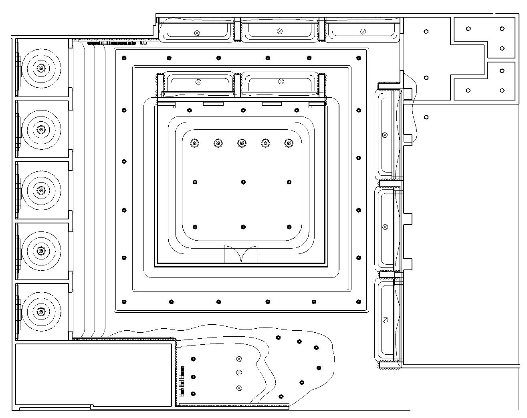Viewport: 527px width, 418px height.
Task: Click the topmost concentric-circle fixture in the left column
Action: (x=40, y=68)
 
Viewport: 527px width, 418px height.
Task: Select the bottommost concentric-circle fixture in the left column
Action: (x=40, y=311)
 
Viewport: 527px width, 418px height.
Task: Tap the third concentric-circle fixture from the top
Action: (x=40, y=190)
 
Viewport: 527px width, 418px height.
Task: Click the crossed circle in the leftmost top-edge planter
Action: (x=197, y=33)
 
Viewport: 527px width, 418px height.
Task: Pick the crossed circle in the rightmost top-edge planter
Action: (x=363, y=31)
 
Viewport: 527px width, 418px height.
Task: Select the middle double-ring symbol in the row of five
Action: (x=241, y=143)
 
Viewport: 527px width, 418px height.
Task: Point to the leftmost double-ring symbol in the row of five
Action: (x=195, y=143)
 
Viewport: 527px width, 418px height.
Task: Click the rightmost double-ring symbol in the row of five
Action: (x=288, y=143)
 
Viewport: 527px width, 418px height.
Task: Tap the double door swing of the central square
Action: (x=241, y=255)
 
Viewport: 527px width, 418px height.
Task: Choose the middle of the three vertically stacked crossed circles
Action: (x=239, y=372)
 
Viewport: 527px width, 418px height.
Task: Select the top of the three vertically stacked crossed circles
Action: (x=239, y=359)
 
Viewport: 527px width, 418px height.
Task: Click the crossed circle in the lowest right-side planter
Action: (x=386, y=320)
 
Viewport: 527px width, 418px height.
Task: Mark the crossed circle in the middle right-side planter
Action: (x=386, y=227)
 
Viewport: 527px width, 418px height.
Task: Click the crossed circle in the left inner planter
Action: (x=198, y=82)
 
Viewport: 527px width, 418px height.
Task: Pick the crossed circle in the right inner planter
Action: (x=281, y=81)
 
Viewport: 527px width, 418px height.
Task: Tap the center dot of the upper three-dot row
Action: (x=243, y=182)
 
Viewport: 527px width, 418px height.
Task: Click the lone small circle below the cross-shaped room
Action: (x=426, y=117)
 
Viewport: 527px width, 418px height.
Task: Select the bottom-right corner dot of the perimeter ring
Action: (x=359, y=301)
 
